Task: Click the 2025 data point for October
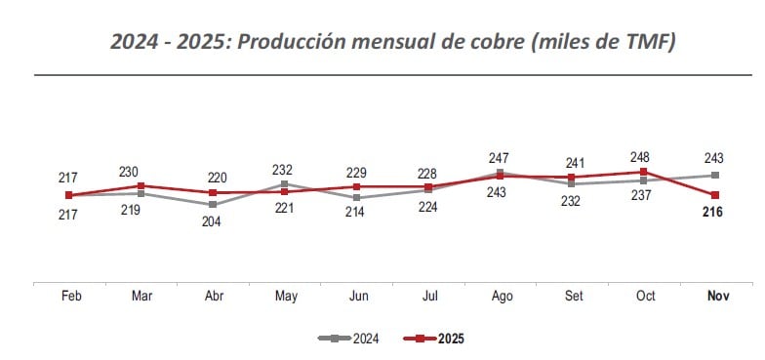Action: point(644,173)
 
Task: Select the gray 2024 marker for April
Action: point(212,204)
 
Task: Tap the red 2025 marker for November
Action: point(715,195)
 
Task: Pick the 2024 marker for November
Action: point(715,176)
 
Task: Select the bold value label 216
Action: point(712,213)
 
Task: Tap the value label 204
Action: point(212,221)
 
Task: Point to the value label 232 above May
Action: point(284,169)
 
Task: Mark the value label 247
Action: point(500,157)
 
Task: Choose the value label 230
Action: point(140,171)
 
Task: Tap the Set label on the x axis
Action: point(572,296)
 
